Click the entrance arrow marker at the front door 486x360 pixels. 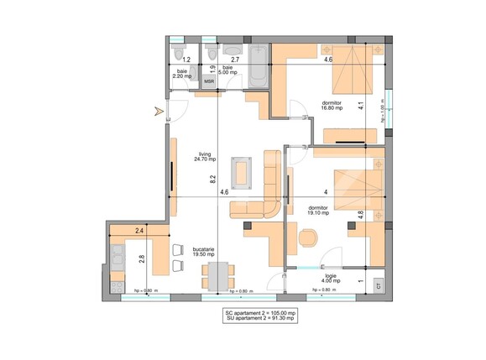coord(154,110)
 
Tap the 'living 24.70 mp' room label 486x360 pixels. coord(206,157)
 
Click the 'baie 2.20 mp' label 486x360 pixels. coord(181,75)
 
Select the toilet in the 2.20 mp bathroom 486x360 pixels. coord(177,54)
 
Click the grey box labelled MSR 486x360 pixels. coord(209,82)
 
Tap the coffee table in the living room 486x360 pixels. coord(244,171)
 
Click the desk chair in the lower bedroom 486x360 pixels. coord(307,239)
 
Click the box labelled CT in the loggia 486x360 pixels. coord(379,285)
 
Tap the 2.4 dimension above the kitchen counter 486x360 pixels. coord(139,230)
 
